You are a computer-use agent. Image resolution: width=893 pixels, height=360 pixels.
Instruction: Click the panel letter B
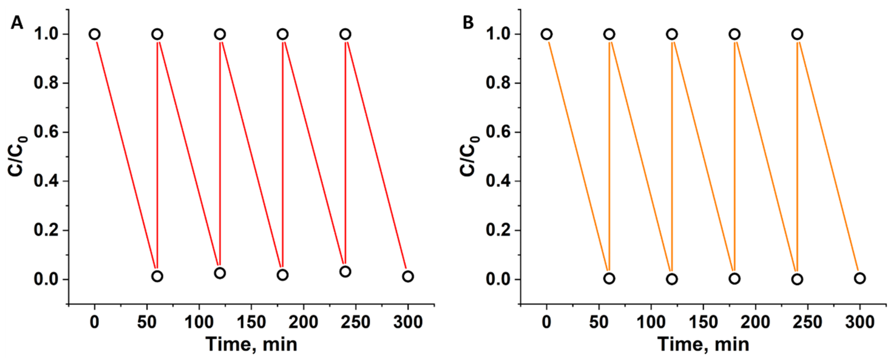click(468, 23)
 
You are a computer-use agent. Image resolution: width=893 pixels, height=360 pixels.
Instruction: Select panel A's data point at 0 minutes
click(95, 34)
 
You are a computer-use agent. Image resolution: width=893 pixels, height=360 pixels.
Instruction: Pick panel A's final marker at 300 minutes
click(408, 276)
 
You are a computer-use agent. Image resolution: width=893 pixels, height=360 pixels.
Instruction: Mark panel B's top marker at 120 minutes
click(672, 34)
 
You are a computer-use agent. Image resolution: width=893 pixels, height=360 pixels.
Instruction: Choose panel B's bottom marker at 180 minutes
click(735, 278)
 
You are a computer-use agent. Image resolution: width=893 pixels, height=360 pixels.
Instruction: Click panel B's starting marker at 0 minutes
click(547, 34)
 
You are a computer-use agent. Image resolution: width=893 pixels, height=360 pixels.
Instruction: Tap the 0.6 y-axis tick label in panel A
click(46, 132)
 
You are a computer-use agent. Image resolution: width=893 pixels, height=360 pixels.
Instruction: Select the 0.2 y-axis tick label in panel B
click(498, 230)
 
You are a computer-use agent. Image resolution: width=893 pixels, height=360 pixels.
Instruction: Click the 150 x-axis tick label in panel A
click(251, 322)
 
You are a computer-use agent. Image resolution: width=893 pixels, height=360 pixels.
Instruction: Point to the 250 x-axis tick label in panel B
click(808, 322)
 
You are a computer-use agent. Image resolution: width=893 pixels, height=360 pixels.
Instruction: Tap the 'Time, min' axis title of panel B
click(703, 345)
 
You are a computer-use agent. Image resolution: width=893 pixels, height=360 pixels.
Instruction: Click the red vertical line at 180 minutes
click(283, 156)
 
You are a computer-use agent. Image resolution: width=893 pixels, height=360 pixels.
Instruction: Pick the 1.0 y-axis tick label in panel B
click(498, 34)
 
